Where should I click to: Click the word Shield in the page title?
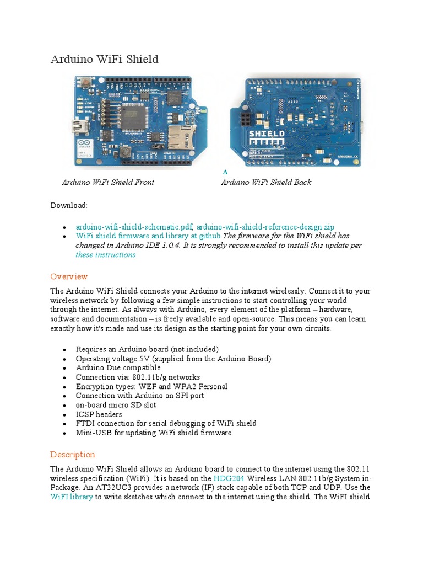tap(140, 59)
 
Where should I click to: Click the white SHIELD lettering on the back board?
tap(267, 134)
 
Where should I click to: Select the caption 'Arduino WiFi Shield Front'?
tap(108, 182)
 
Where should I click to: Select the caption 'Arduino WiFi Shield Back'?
tap(266, 182)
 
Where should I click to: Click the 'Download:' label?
tap(69, 205)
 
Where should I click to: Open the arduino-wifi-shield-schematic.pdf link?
tap(134, 227)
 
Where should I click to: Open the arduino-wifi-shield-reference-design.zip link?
tap(265, 227)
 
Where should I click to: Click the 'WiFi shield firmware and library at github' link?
tap(148, 236)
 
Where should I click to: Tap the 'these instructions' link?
tap(105, 255)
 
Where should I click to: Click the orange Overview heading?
tap(69, 276)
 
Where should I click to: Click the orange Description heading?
tap(73, 455)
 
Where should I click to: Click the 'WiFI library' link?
tap(72, 497)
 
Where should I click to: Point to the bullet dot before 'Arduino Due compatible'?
tap(65, 369)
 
